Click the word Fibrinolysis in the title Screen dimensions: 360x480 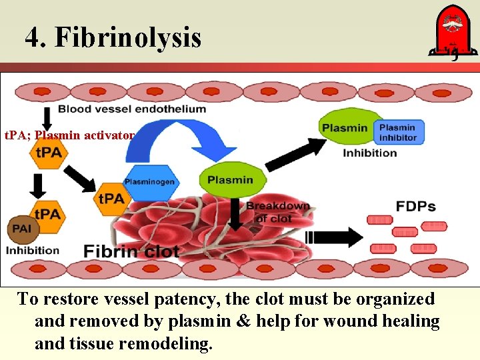coord(128,37)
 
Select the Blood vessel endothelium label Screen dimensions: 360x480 coord(132,109)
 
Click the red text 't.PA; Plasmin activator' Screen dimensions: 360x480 coord(69,135)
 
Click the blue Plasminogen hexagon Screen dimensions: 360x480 coord(149,182)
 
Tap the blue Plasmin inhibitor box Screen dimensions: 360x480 coord(397,132)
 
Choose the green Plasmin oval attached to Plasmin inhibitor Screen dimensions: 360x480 coord(345,129)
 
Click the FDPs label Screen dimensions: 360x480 coord(415,206)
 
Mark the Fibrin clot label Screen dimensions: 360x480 coord(131,251)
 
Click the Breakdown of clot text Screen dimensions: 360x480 coord(278,212)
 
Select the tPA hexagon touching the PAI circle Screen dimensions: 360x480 coord(47,215)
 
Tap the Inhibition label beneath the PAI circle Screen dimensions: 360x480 coord(32,251)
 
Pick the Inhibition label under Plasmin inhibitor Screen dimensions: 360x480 coord(369,153)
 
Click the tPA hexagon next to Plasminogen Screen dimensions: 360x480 coord(111,199)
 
